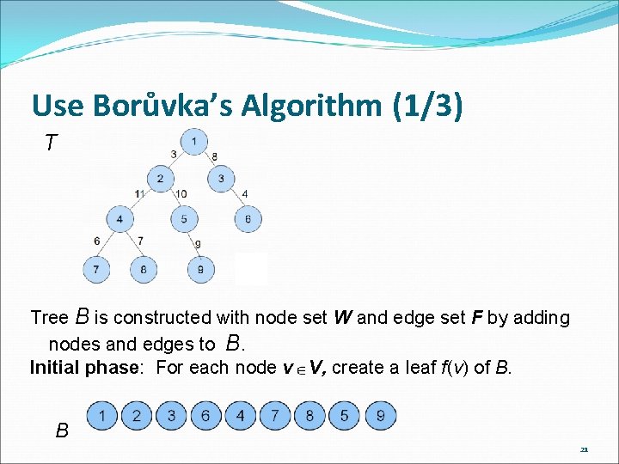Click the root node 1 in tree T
click(x=194, y=142)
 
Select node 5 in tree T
click(x=184, y=220)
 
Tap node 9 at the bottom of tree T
click(x=199, y=270)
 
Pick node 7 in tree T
click(x=96, y=270)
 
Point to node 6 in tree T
click(x=248, y=220)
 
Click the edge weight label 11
click(x=139, y=194)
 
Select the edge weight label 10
click(x=181, y=194)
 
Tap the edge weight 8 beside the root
click(x=214, y=156)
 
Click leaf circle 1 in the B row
click(x=102, y=416)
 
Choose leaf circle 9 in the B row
click(x=380, y=416)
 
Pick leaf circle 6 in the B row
click(x=205, y=416)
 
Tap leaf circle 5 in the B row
click(x=344, y=416)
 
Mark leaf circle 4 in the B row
click(x=240, y=416)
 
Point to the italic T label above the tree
click(x=52, y=143)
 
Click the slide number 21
click(x=584, y=449)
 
